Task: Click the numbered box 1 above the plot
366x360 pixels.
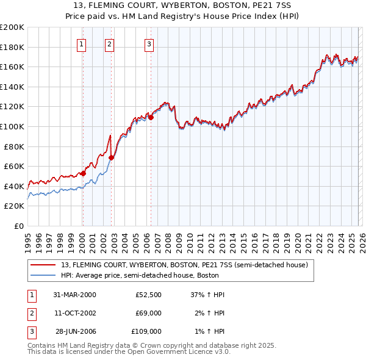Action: click(x=82, y=43)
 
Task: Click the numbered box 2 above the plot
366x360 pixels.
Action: click(x=109, y=43)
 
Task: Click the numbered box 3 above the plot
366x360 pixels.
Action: click(x=149, y=43)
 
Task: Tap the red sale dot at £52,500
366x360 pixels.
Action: click(x=84, y=173)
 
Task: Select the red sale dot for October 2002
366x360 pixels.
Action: click(x=111, y=157)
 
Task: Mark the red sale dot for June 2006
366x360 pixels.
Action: click(x=151, y=117)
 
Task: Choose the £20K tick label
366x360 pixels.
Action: click(x=14, y=206)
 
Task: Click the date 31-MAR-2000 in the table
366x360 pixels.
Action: click(x=74, y=295)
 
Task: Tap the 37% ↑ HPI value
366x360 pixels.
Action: click(x=207, y=295)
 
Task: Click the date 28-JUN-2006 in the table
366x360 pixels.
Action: click(x=76, y=331)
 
